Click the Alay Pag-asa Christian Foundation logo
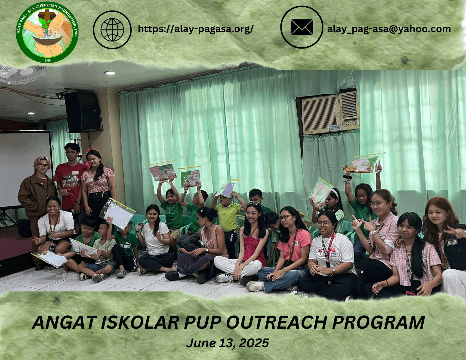click(47, 32)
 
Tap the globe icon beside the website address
click(112, 30)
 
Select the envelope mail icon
click(302, 27)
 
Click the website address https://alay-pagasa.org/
click(195, 29)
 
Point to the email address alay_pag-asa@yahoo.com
click(389, 29)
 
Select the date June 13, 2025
click(228, 343)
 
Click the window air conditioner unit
click(330, 113)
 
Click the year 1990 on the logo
click(48, 60)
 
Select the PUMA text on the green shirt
click(126, 246)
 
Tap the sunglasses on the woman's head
click(254, 203)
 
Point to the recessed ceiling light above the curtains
click(110, 73)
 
